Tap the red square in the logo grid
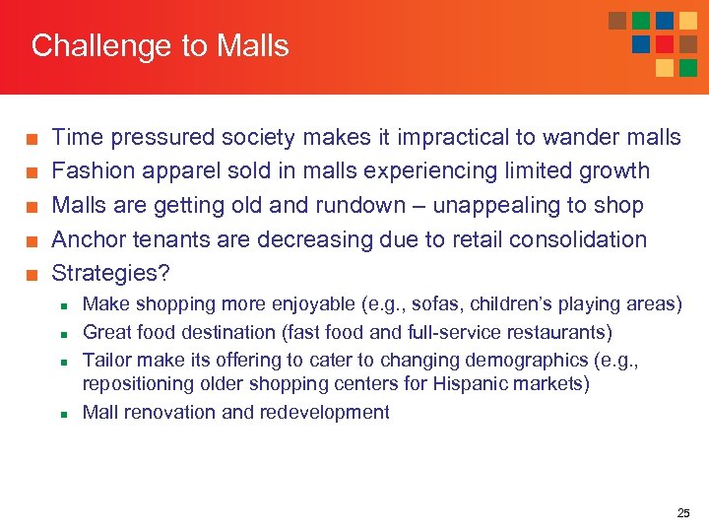coord(665,44)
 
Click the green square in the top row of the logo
coord(641,21)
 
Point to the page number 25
coord(683,513)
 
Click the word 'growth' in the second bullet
coord(613,170)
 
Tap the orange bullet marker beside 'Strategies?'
coord(32,274)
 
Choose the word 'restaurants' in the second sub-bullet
coord(558,332)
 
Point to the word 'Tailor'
coord(107,360)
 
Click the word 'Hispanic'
coord(464,383)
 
